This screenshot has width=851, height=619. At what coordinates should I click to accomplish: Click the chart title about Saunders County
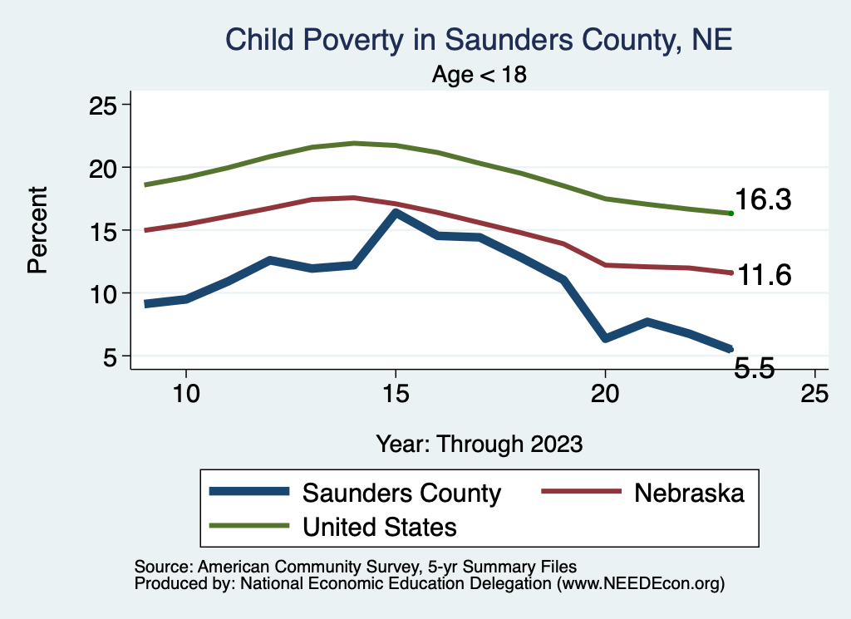click(x=479, y=40)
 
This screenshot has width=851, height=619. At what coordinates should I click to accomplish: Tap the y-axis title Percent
click(x=37, y=231)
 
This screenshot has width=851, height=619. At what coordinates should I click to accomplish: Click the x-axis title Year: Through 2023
click(x=479, y=443)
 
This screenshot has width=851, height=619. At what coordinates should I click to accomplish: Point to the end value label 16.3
click(x=763, y=200)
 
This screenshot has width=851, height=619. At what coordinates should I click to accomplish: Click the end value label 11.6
click(x=763, y=275)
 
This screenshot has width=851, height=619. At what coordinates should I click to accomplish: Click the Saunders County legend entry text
click(x=401, y=493)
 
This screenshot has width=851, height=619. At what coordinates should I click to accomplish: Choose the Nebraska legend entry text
click(x=689, y=493)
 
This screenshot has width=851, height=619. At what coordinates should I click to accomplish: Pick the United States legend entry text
click(x=379, y=526)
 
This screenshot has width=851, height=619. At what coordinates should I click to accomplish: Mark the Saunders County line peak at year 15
click(x=396, y=213)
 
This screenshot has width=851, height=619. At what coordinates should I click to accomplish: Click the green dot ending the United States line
click(x=730, y=214)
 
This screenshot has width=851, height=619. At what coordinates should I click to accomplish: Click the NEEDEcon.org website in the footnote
click(x=640, y=585)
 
